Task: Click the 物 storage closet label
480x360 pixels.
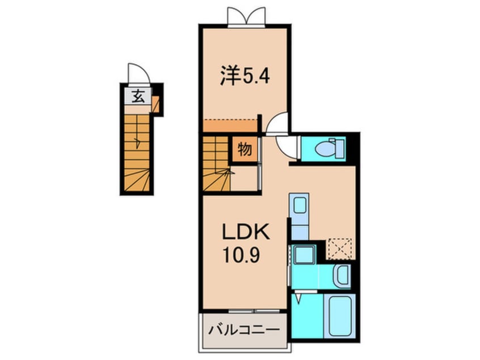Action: [245, 149]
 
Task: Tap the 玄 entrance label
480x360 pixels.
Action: [138, 97]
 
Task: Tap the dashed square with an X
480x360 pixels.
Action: [340, 249]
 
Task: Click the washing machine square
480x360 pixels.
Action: [305, 254]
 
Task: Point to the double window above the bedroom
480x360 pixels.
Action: [247, 16]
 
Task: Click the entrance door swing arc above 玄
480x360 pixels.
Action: [137, 73]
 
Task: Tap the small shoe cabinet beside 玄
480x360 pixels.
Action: [155, 104]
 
